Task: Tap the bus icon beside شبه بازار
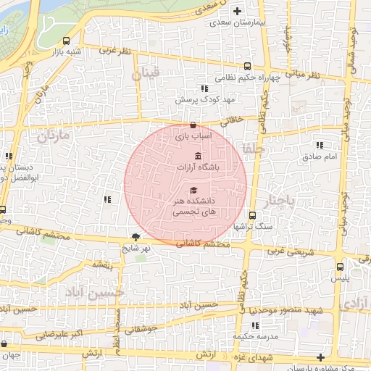point(67,41)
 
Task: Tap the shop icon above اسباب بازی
point(192,125)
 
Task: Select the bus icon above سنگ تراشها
point(252,214)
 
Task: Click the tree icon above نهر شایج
point(136,237)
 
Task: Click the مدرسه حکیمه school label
point(251,338)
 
